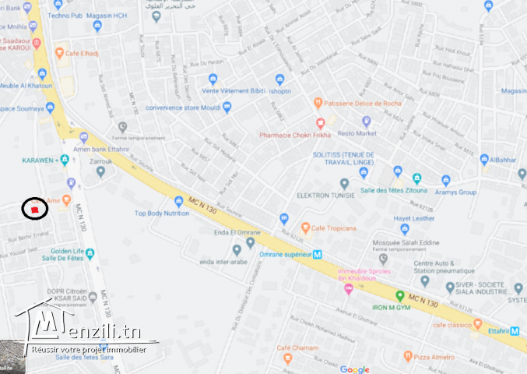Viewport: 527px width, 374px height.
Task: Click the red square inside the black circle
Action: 34,209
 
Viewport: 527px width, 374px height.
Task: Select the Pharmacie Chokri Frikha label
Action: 295,134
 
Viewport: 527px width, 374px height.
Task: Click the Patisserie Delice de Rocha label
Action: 362,102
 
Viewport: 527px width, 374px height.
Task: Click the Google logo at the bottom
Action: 354,369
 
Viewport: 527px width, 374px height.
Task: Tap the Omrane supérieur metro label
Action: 282,253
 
